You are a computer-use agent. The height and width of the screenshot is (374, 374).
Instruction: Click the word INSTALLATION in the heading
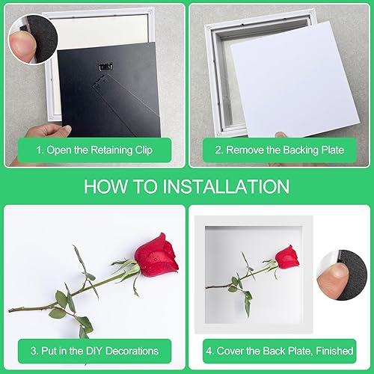click(226, 186)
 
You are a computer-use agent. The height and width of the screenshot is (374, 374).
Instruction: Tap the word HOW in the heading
click(105, 186)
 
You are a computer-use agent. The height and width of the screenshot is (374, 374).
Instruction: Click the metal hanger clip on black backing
click(105, 67)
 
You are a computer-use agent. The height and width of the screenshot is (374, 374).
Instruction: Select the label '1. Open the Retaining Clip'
click(94, 150)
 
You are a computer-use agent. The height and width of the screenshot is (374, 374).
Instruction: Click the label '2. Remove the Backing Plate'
click(280, 150)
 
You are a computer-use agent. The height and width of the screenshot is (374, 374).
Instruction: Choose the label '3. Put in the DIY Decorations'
click(94, 351)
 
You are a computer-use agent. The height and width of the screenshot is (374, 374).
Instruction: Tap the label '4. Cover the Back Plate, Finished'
click(280, 351)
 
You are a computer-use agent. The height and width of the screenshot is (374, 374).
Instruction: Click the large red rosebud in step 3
click(156, 256)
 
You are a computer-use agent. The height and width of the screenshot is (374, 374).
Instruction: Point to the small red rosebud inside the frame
click(287, 257)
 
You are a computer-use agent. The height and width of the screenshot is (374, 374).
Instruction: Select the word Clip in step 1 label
click(144, 150)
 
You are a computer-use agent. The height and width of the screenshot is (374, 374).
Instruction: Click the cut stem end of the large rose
click(10, 310)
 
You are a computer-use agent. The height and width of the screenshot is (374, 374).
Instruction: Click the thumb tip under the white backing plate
click(281, 135)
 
